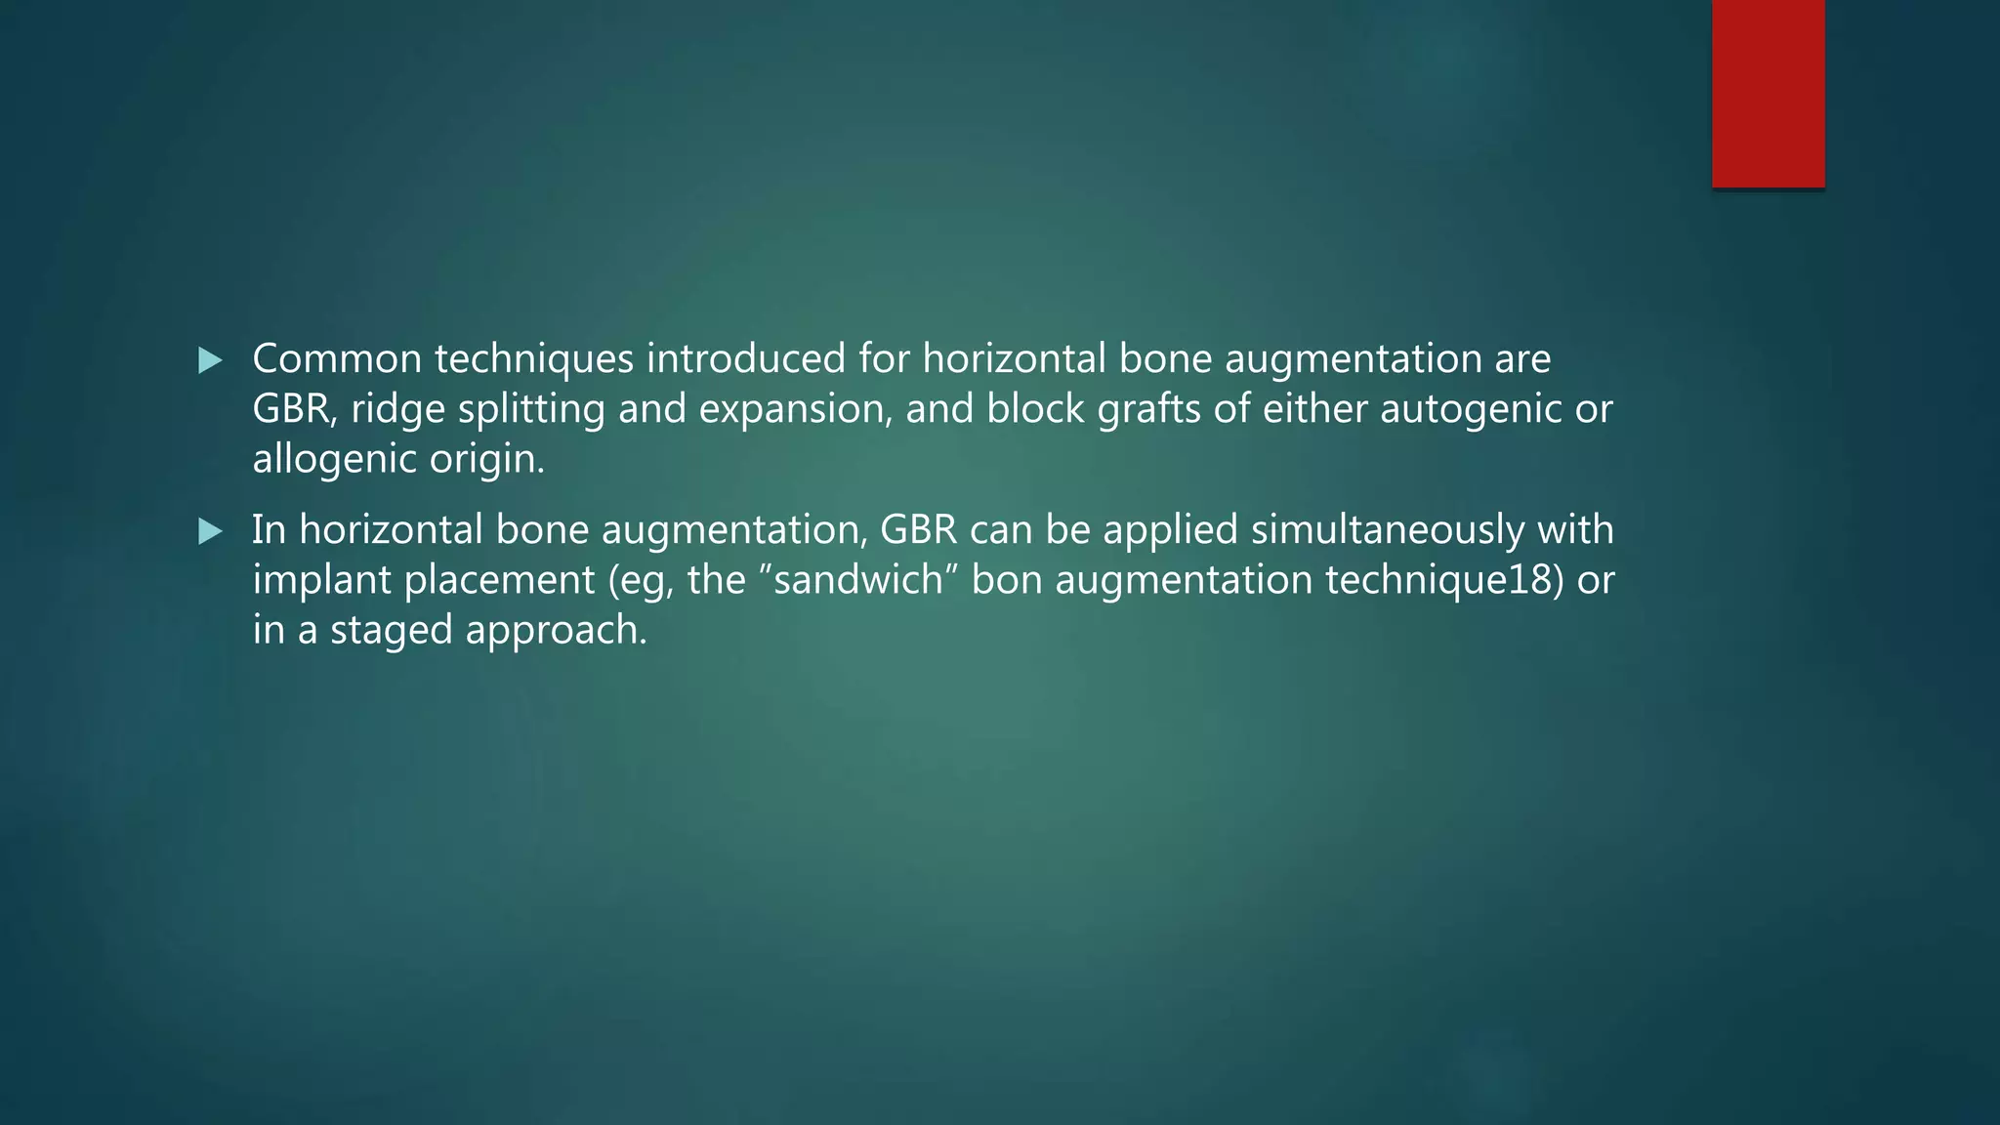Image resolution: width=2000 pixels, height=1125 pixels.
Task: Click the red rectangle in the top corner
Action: tap(1768, 94)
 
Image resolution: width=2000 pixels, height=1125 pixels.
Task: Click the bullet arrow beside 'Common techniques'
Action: tap(210, 360)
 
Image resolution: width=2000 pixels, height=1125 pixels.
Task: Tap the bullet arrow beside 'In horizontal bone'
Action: tap(210, 531)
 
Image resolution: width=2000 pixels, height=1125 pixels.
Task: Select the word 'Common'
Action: tap(337, 358)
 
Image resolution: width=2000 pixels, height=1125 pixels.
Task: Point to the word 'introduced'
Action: tap(745, 358)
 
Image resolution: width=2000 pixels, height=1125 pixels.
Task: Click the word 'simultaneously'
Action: tap(1387, 530)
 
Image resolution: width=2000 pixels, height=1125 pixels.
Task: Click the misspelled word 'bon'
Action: tap(1006, 580)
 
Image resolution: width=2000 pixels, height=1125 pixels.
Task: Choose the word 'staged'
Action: tap(391, 631)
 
